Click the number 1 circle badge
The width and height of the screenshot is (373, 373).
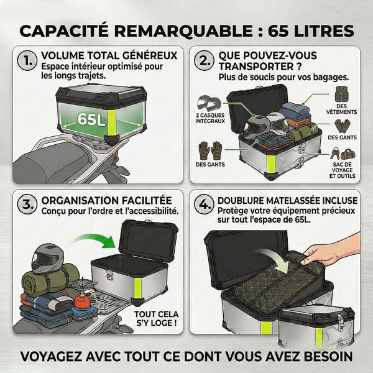coord(27,61)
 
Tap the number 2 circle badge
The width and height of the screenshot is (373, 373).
coord(204,61)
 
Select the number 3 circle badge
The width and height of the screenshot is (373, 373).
coord(27,205)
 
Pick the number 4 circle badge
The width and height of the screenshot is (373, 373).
coord(204,205)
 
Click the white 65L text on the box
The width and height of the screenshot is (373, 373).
coord(91,119)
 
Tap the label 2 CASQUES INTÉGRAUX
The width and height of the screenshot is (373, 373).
coord(210,118)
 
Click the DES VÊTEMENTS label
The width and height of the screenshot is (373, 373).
coord(341,109)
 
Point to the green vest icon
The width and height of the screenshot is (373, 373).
coord(341,94)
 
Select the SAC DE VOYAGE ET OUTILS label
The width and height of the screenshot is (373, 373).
coord(342,170)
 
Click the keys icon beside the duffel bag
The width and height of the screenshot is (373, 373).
coord(334,153)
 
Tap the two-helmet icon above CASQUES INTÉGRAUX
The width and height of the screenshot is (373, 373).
coord(209,103)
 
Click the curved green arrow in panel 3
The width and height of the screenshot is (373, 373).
coord(95,239)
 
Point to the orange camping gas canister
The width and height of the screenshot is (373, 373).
coord(82,301)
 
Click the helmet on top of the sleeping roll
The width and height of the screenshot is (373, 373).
coord(48,258)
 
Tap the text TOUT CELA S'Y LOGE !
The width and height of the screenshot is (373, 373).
coord(157,318)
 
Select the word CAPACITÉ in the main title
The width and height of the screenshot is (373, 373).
coord(64,31)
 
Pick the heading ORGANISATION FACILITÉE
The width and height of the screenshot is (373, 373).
coord(106,200)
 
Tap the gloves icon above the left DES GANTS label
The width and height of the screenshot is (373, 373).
coord(210,150)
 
